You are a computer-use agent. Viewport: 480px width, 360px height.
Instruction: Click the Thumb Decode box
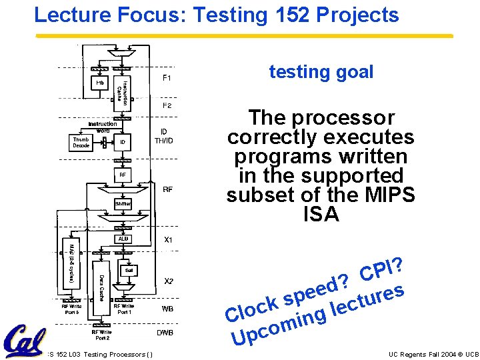pos(81,142)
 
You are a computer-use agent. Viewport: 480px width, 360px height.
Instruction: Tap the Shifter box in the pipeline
pos(123,203)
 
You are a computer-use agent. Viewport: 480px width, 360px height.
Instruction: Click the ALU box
pos(123,239)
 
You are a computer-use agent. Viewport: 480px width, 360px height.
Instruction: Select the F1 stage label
pos(168,79)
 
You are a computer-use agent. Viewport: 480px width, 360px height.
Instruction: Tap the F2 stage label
pos(168,105)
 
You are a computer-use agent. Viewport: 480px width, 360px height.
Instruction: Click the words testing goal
pos(321,72)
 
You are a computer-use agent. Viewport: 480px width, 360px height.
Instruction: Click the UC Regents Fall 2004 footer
pos(433,354)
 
